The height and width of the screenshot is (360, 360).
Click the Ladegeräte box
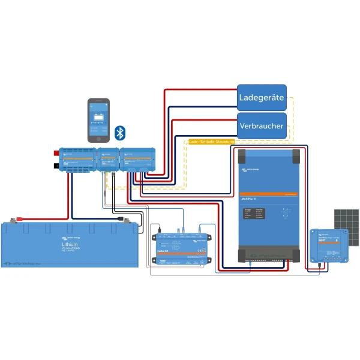(262, 97)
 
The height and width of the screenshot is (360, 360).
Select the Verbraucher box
(262, 126)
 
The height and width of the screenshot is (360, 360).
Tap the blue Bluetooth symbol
(120, 132)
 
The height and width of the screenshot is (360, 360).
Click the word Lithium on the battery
(70, 245)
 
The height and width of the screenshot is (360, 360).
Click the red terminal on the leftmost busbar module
(57, 154)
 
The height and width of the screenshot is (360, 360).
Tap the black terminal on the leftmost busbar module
(57, 164)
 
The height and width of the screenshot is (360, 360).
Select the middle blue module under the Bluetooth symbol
(109, 161)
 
